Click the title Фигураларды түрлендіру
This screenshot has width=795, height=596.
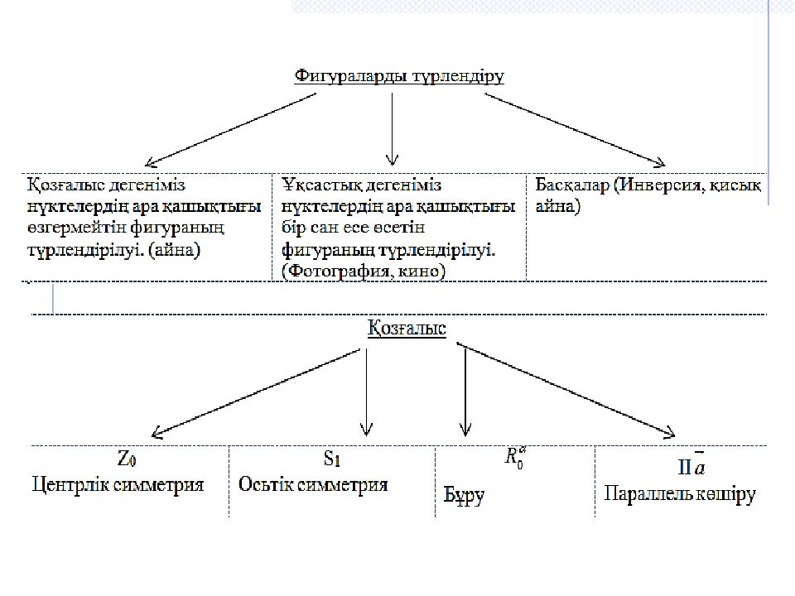399,76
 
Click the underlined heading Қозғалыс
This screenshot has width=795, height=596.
407,329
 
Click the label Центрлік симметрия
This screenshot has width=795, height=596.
118,484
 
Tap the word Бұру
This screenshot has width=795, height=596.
460,497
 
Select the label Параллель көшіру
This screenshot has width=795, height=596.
680,494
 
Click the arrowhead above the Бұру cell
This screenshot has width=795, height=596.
465,430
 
